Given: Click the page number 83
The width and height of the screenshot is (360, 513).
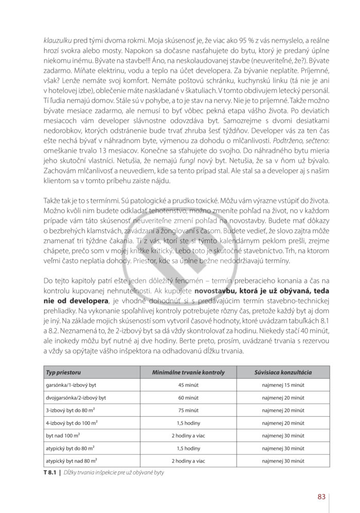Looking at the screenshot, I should tap(321, 496).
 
